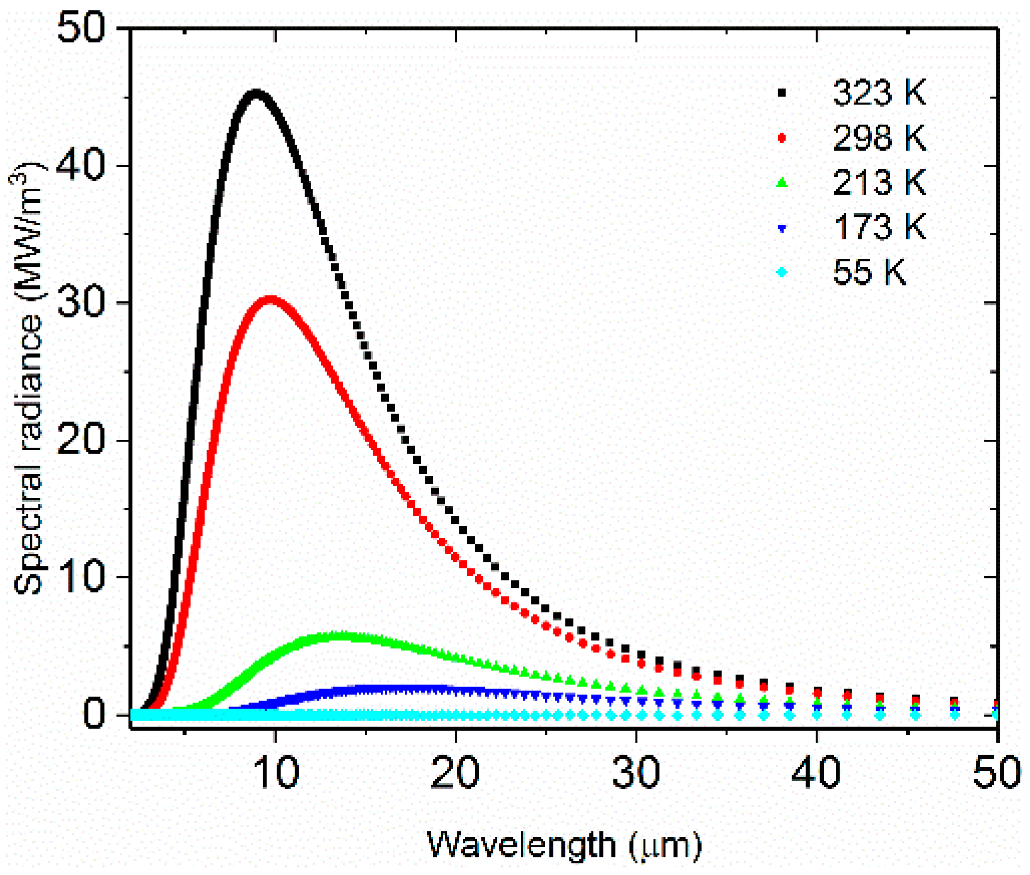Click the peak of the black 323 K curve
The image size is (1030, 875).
pyautogui.click(x=256, y=94)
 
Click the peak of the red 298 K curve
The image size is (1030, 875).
pyautogui.click(x=269, y=300)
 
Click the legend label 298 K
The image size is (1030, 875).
pyautogui.click(x=879, y=137)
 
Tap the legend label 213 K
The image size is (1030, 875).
pyautogui.click(x=879, y=183)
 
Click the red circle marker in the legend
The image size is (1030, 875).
pyautogui.click(x=782, y=137)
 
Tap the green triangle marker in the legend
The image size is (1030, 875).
pyautogui.click(x=782, y=183)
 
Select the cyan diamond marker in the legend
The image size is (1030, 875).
pyautogui.click(x=782, y=272)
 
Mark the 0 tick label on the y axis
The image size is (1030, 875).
pyautogui.click(x=94, y=715)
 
